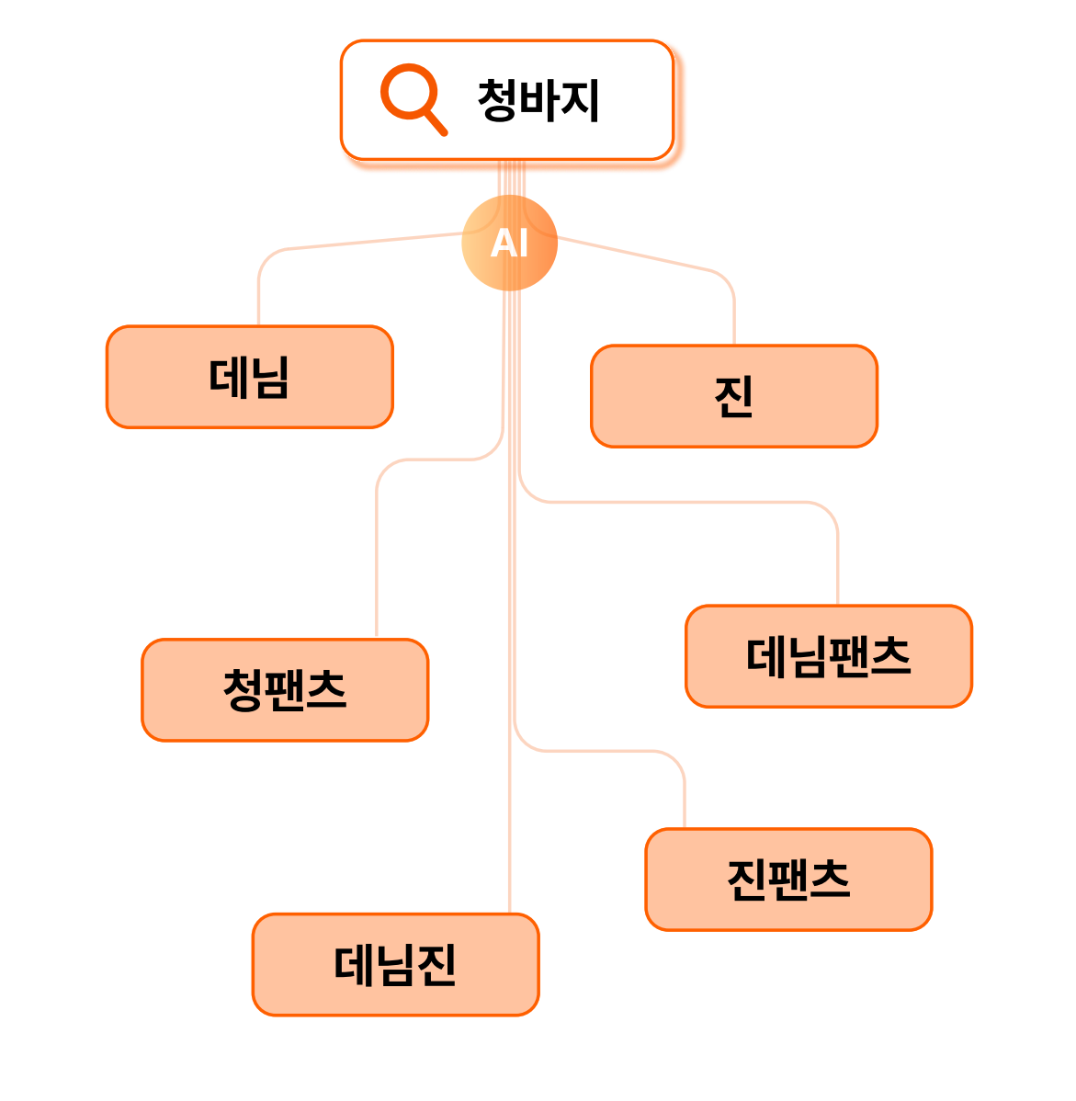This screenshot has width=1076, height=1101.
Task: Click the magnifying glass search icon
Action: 411,96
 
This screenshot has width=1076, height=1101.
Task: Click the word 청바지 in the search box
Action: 538,100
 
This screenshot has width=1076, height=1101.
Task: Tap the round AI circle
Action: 509,243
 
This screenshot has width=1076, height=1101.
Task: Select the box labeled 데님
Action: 250,377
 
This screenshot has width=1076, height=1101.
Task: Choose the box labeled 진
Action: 733,396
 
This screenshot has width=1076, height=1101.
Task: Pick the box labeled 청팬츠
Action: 285,689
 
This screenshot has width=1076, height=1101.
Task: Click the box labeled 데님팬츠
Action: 828,656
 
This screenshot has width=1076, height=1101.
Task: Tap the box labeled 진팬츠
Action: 788,880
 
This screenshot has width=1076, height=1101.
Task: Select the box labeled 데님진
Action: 395,964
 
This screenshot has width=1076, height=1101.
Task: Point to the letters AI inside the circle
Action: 509,244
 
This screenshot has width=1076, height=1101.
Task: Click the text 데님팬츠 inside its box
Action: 828,656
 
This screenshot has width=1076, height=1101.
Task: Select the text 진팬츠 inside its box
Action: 788,880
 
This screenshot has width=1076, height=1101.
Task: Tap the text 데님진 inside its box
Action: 395,964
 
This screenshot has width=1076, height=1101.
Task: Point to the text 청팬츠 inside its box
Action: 285,689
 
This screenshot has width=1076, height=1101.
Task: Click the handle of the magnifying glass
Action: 436,123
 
